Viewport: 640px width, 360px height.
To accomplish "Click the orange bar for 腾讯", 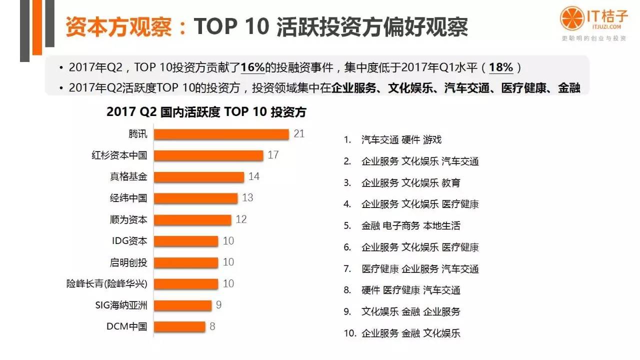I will (x=221, y=134).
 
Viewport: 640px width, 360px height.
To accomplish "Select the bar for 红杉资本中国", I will (x=208, y=155).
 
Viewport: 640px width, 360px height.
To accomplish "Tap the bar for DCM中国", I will (x=179, y=326).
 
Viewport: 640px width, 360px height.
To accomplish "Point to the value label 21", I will (x=299, y=134).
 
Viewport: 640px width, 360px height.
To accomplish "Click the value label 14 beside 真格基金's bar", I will (x=253, y=176).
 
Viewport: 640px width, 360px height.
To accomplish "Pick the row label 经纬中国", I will (x=128, y=198).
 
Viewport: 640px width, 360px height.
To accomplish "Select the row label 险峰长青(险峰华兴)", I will (x=107, y=284).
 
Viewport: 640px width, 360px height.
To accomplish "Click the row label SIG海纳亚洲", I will (x=121, y=305).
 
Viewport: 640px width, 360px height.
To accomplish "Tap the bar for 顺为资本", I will (x=192, y=220).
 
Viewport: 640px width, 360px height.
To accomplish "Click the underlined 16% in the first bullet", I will (x=252, y=68).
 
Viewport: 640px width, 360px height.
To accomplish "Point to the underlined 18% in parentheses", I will (x=501, y=68).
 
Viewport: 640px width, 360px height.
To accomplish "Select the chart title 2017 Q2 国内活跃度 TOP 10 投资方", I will (x=206, y=112).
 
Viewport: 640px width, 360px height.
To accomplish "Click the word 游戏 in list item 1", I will (x=432, y=140).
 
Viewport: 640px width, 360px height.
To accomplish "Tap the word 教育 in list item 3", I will (x=451, y=183).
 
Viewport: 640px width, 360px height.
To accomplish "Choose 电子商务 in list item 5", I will (x=401, y=225).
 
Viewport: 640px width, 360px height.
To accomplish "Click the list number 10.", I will (x=349, y=333).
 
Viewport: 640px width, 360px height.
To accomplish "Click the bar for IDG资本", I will (x=185, y=241).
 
